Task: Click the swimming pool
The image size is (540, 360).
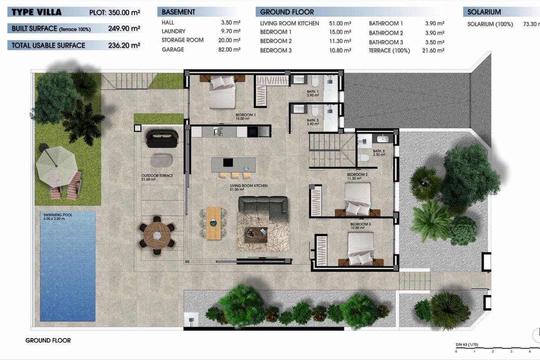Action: (x=67, y=265)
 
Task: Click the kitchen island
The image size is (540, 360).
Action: (x=233, y=162)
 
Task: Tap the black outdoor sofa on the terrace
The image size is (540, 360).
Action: (x=161, y=138)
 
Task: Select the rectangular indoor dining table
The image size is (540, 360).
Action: (x=214, y=221)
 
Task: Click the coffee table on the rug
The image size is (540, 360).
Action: (x=256, y=233)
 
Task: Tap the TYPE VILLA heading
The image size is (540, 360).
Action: (x=34, y=12)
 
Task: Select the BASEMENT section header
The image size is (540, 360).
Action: (x=178, y=12)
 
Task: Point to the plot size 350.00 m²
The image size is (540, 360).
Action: (x=124, y=13)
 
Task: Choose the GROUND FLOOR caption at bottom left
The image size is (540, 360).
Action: (x=48, y=341)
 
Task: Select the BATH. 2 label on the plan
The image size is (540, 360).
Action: (x=379, y=152)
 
